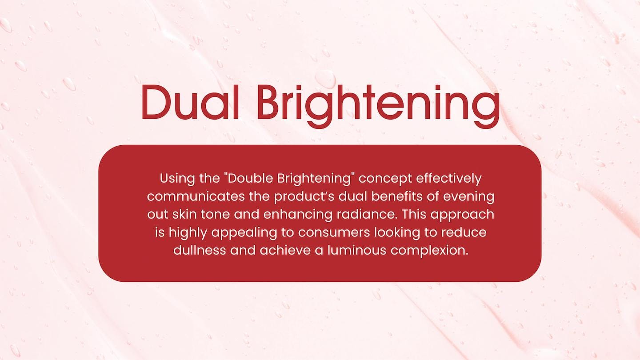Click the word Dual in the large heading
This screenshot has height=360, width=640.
pyautogui.click(x=190, y=102)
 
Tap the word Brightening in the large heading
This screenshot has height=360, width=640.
pyautogui.click(x=379, y=106)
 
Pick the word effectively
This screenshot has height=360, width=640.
pyautogui.click(x=449, y=178)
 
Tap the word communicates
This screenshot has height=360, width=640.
pyautogui.click(x=196, y=196)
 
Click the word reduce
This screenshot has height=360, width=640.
pyautogui.click(x=464, y=232)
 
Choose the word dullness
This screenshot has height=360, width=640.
pyautogui.click(x=200, y=250)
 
